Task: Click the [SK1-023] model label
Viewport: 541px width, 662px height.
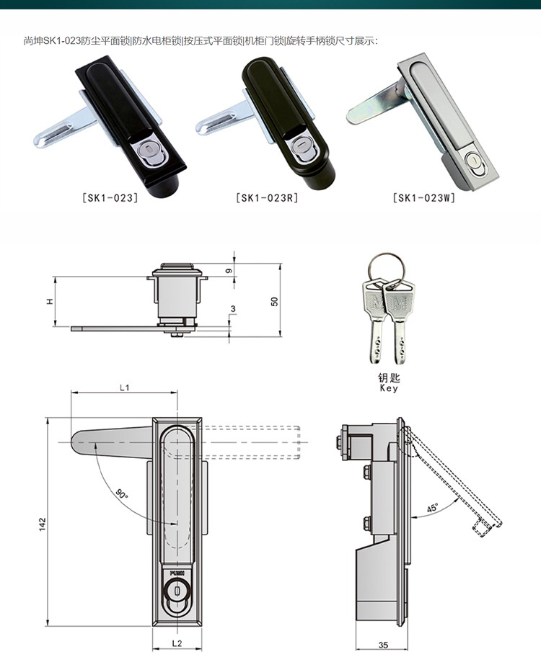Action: tap(110, 197)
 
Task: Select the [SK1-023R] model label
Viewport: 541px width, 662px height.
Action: tap(267, 197)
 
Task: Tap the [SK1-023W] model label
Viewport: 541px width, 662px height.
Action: tap(424, 197)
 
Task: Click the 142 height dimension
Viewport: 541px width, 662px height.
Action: tap(43, 524)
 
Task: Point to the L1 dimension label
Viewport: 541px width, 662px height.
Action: tap(124, 387)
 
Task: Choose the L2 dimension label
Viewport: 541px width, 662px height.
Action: tap(177, 643)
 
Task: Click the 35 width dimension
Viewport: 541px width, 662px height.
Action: tap(383, 645)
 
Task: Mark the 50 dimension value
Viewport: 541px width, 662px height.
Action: tap(275, 301)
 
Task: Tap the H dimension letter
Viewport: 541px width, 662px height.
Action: tap(50, 301)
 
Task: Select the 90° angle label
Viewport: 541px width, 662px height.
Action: tap(121, 493)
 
